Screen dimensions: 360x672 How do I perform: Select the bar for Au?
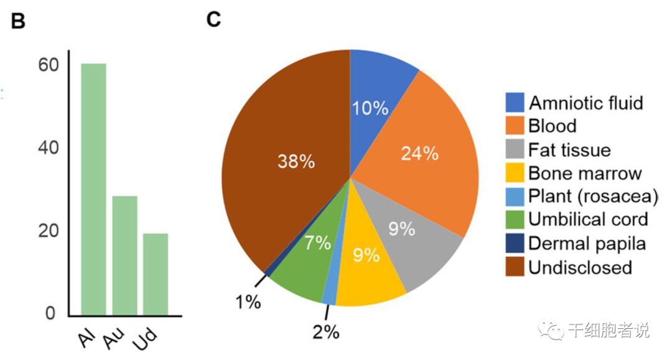124,255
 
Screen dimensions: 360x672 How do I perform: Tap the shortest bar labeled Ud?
155,274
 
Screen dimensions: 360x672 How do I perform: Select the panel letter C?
213,20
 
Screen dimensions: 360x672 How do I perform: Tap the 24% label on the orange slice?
419,154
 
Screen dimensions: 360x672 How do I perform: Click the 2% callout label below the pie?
325,333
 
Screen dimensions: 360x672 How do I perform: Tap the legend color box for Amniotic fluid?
513,103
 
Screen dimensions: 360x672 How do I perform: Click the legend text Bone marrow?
585,173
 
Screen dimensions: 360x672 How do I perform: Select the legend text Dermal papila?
587,243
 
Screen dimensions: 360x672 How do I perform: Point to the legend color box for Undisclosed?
513,267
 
